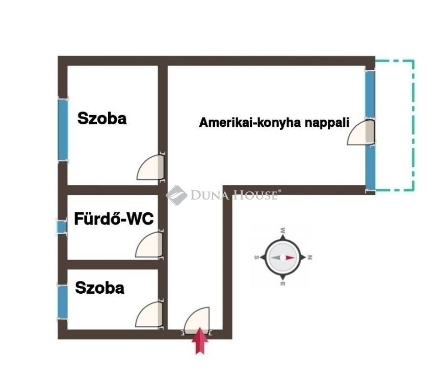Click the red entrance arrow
coord(200,341)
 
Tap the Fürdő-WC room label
coord(114,219)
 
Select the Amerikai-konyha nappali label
coord(274,123)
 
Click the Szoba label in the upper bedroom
coord(102,118)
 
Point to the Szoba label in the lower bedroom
coord(99,288)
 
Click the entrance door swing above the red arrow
coord(197,320)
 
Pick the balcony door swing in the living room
coord(360,132)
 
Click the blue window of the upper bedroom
coord(63,130)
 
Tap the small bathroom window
coord(62,227)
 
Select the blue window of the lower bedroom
coord(62,301)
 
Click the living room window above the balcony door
coord(370,94)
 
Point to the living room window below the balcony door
coord(370,167)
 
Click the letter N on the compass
coord(310,258)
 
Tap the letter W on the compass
coord(283,230)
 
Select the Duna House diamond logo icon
coord(177,195)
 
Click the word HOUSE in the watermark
coord(255,195)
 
